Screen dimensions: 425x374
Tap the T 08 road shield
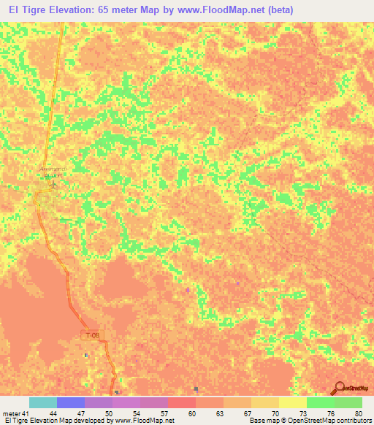pyautogui.click(x=90, y=334)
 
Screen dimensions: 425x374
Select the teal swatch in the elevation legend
pyautogui.click(x=43, y=402)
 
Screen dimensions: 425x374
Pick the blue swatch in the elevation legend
pyautogui.click(x=71, y=402)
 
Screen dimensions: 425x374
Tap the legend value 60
pyautogui.click(x=191, y=413)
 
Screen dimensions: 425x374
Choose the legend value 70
pyautogui.click(x=274, y=413)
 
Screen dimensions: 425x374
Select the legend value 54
pyautogui.click(x=137, y=413)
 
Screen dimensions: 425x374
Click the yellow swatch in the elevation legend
pyautogui.click(x=292, y=402)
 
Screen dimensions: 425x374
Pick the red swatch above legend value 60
pyautogui.click(x=182, y=402)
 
